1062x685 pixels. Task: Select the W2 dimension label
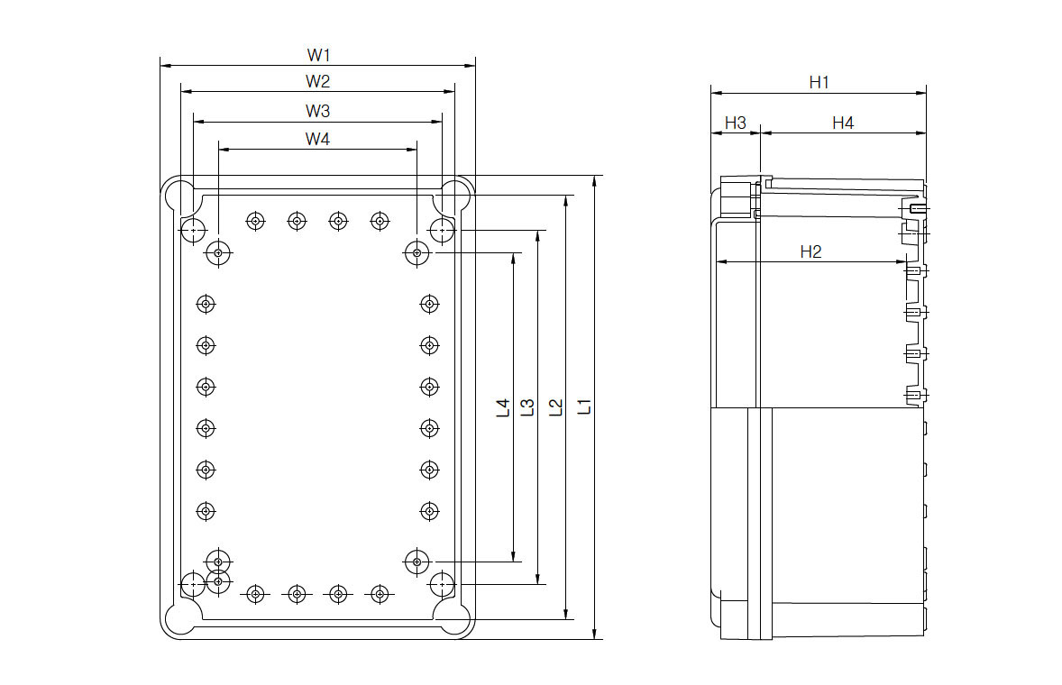(317, 81)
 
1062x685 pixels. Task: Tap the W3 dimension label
(317, 111)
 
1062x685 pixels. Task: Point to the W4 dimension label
(317, 139)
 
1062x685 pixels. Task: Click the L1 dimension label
(584, 406)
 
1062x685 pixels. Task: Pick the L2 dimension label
(556, 406)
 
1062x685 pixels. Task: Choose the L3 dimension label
(529, 407)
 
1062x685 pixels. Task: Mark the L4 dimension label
(503, 407)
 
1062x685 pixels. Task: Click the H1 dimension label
(819, 82)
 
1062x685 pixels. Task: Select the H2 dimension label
(810, 251)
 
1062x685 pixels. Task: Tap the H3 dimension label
(736, 123)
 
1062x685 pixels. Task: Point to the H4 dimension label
(842, 123)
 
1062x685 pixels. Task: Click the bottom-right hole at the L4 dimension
(416, 562)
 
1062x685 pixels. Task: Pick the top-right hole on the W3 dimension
(441, 231)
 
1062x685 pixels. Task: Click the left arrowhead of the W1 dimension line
(164, 65)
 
